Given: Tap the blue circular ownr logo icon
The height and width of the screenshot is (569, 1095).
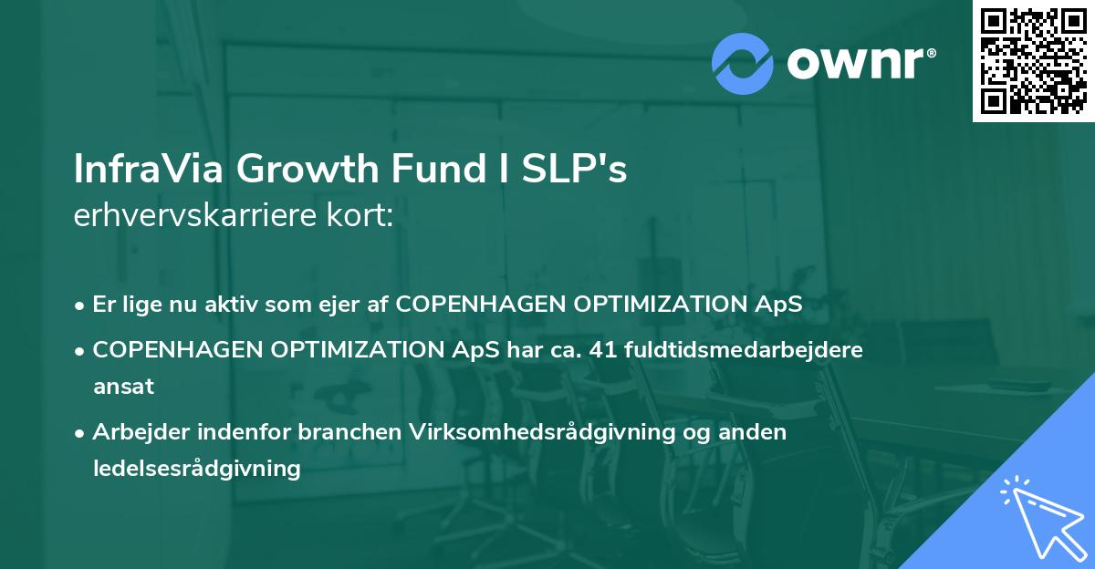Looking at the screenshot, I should tap(742, 63).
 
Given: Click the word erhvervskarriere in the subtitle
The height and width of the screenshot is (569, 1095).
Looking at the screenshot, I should tap(191, 216).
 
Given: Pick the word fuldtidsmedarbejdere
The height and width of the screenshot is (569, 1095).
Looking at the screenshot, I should tap(744, 349).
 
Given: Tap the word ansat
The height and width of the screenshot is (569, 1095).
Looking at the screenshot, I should tap(122, 386).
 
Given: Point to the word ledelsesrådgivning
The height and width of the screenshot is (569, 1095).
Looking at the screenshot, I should tap(196, 469).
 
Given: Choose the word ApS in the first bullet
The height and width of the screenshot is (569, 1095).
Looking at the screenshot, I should tap(782, 305).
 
